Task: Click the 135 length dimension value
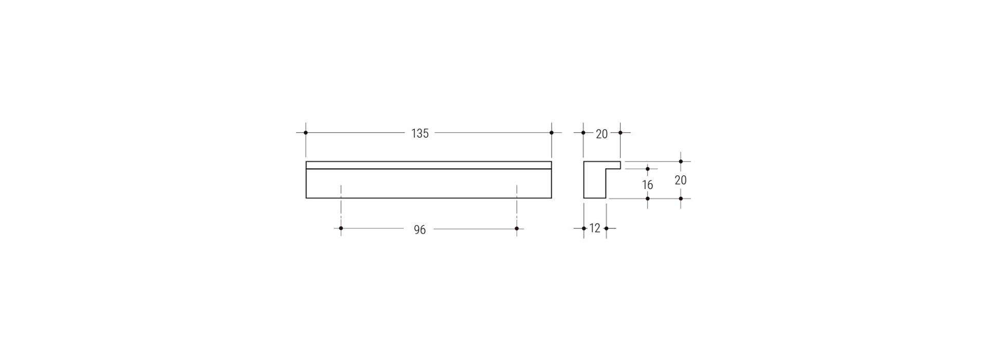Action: click(x=420, y=134)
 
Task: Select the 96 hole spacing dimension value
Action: click(x=420, y=230)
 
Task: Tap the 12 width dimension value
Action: click(x=595, y=228)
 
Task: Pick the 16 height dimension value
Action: click(x=647, y=185)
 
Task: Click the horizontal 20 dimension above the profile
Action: click(x=601, y=134)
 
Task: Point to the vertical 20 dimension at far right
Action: click(x=681, y=181)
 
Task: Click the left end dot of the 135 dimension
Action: click(x=306, y=133)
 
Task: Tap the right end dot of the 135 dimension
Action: click(x=552, y=133)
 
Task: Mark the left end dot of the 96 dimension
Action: click(x=341, y=228)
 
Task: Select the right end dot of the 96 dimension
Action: click(x=517, y=228)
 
